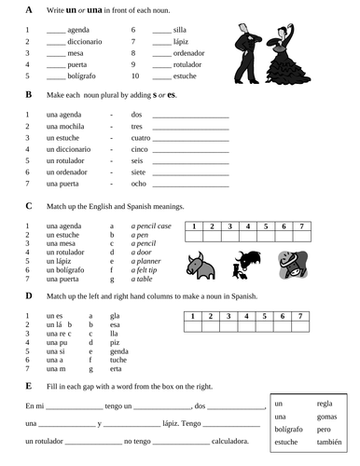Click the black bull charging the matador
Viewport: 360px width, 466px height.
246,264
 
